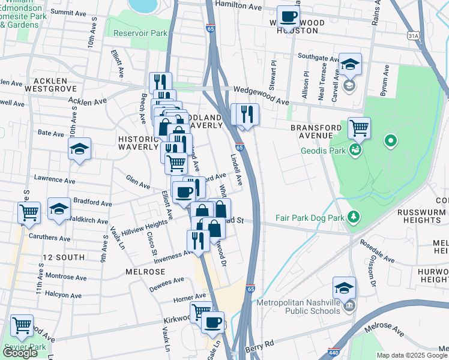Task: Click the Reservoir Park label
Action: click(140, 34)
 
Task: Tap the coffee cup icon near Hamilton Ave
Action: click(288, 17)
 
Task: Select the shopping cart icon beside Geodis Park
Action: click(359, 127)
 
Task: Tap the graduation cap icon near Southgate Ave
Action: click(349, 64)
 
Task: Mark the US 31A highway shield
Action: click(413, 37)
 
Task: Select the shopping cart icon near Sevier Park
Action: click(22, 326)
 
